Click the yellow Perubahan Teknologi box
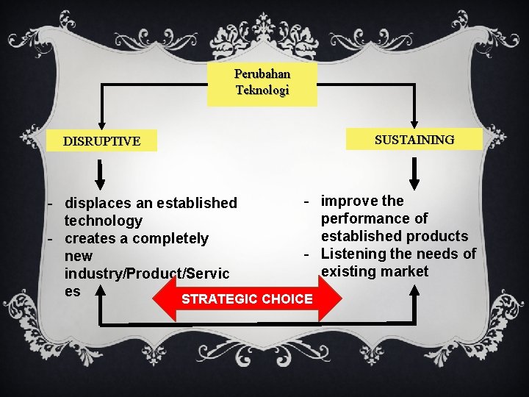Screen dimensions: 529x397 [x=262, y=83]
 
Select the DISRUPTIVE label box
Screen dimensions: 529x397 [x=101, y=141]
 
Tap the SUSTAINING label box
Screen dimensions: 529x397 [x=414, y=139]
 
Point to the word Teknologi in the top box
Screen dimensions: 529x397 [x=262, y=90]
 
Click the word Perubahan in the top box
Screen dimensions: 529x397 [x=262, y=74]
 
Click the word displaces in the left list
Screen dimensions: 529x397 [x=96, y=203]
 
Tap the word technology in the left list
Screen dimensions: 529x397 [x=104, y=221]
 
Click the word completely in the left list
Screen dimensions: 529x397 [x=172, y=238]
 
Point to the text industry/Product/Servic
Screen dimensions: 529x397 [x=147, y=273]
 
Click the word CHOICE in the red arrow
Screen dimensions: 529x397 [x=287, y=299]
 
